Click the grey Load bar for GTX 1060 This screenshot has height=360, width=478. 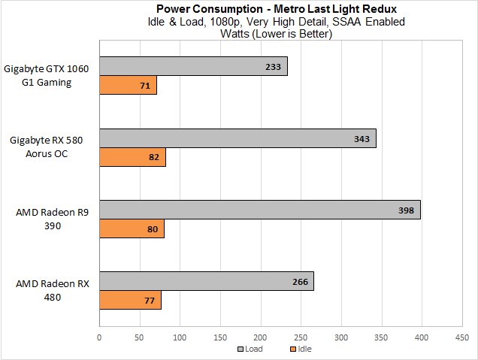[x=193, y=66]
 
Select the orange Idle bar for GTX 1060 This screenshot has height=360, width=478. [x=128, y=84]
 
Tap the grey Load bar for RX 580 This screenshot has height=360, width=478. [x=237, y=138]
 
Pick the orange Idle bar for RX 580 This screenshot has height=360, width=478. [x=132, y=157]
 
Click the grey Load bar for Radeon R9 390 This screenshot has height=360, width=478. [x=259, y=210]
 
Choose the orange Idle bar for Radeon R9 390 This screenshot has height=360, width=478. [x=132, y=228]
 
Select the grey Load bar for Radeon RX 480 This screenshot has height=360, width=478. [x=206, y=281]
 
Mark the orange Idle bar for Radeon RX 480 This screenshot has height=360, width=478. [x=130, y=300]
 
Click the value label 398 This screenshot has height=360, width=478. [x=406, y=210]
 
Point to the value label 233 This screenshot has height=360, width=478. [x=273, y=67]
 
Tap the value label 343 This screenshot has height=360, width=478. [x=362, y=139]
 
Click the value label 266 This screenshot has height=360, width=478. [x=299, y=282]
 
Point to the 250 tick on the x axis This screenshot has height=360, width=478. [x=301, y=337]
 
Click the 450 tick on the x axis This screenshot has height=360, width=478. [x=461, y=337]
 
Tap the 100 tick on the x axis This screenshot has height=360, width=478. [x=180, y=337]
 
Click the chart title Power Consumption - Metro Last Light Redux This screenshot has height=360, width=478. [x=276, y=9]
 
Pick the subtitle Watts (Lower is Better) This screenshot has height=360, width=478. [x=276, y=33]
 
